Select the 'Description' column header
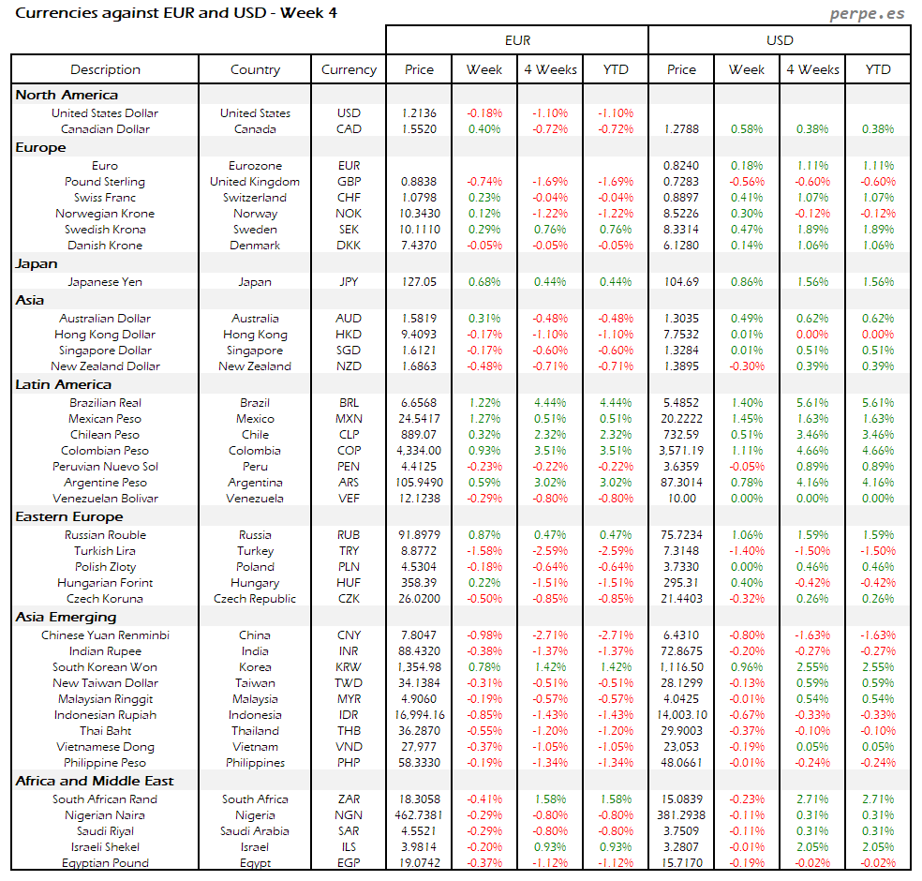(105, 69)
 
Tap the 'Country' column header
(255, 69)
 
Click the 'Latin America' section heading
(63, 384)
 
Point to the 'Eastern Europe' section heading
(68, 516)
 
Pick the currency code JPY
(349, 281)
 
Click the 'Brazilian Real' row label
(105, 403)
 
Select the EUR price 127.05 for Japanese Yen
(420, 281)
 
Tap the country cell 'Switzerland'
(255, 198)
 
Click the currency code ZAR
(349, 799)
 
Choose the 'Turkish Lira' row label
(105, 551)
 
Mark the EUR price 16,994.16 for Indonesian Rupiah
(420, 715)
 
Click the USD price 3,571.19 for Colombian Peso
(681, 451)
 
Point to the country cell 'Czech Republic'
(255, 599)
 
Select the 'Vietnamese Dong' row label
(105, 747)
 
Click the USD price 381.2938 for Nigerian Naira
(681, 815)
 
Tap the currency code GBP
(349, 182)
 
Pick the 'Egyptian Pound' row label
(105, 863)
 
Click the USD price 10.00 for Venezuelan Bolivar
(681, 499)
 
